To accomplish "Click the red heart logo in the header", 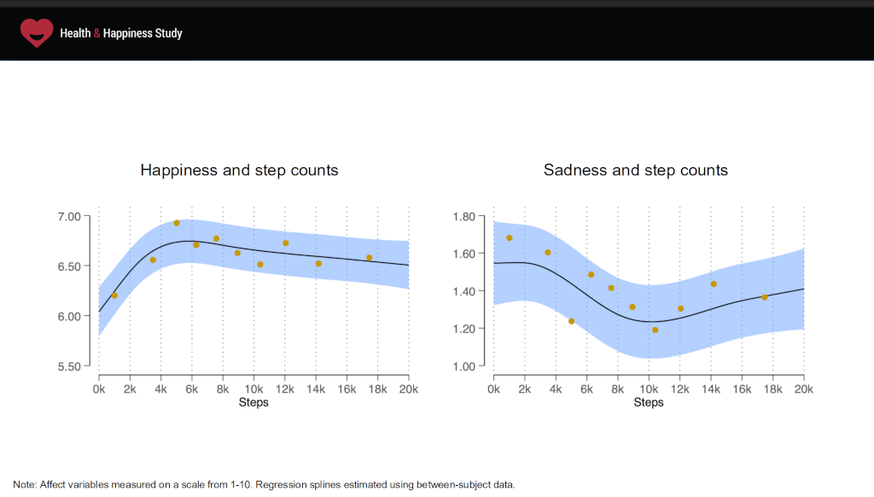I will click(37, 32).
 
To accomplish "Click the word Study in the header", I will click(168, 33).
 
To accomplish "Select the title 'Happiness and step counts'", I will click(239, 170).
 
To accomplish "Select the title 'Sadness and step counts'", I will click(636, 170).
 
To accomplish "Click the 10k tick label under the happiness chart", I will click(253, 389).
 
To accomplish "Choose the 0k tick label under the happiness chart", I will click(99, 389).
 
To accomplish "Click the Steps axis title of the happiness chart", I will click(253, 402).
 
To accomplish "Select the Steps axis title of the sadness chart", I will click(649, 402).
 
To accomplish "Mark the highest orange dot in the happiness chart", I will click(177, 223).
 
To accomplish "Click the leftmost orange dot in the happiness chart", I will click(114, 295).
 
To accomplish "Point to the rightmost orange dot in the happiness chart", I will click(370, 258).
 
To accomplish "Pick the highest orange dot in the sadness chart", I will click(510, 238).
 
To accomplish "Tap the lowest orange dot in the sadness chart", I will click(655, 330).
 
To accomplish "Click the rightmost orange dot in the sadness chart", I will click(765, 297).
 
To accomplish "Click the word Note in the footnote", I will click(24, 485).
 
